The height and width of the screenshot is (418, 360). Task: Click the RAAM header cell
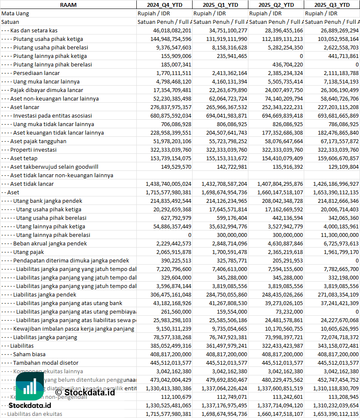(x=68, y=5)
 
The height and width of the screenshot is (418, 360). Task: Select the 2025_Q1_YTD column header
(x=220, y=5)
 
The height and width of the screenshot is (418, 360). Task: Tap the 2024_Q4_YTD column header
(x=164, y=5)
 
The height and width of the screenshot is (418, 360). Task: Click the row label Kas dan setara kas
(x=34, y=30)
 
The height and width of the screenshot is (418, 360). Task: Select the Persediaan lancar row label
(x=36, y=73)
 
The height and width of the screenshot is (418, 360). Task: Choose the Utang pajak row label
(x=28, y=252)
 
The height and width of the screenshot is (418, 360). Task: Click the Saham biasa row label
(x=29, y=354)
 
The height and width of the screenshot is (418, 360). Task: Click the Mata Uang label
(x=15, y=13)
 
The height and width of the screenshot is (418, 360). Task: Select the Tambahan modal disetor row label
(x=46, y=363)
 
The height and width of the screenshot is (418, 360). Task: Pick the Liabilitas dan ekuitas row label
(x=35, y=414)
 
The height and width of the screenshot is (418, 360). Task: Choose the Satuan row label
(x=10, y=22)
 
